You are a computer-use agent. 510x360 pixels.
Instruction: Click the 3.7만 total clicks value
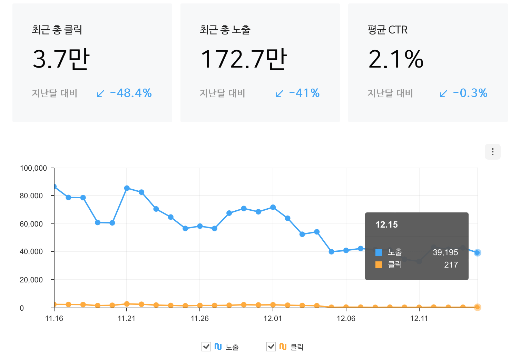click(x=61, y=59)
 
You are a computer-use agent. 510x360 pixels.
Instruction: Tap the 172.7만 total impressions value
click(x=243, y=59)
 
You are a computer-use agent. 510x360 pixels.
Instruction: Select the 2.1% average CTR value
click(x=396, y=59)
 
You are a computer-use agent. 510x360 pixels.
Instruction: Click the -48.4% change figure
click(x=131, y=93)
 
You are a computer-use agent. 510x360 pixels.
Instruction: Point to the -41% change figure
click(x=304, y=93)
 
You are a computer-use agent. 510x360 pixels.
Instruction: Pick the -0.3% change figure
click(x=470, y=93)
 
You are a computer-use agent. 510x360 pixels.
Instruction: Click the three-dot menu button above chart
click(x=492, y=152)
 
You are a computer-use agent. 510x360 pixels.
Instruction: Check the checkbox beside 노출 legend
click(x=206, y=347)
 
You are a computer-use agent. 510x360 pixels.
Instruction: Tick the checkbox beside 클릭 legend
click(x=271, y=347)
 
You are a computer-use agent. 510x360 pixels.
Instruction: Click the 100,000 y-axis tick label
click(x=33, y=168)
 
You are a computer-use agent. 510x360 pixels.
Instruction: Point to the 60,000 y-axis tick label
click(x=31, y=224)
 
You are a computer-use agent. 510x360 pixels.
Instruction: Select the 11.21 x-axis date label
click(x=127, y=318)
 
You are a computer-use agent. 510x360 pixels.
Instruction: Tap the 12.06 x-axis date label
click(x=346, y=318)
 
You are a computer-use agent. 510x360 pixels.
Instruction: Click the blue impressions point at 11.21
click(x=127, y=188)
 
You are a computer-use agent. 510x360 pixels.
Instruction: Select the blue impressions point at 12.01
click(x=273, y=207)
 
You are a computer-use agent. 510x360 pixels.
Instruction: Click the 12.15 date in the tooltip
click(x=386, y=225)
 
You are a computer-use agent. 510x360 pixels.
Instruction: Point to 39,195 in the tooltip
click(x=445, y=252)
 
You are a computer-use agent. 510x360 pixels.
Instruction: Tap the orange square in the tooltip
click(x=379, y=265)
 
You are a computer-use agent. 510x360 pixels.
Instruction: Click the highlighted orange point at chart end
click(x=477, y=307)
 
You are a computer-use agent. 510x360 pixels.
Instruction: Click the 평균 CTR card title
click(x=387, y=30)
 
